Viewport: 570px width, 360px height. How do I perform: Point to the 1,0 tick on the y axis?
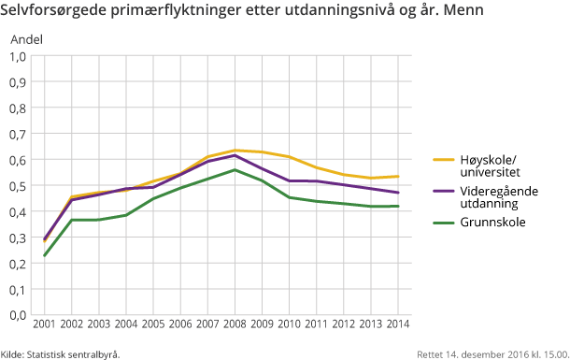(18, 56)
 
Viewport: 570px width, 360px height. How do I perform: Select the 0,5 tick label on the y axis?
(18, 185)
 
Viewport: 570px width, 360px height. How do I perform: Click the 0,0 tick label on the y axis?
(18, 315)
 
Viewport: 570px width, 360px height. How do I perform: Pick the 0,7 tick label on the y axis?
(18, 134)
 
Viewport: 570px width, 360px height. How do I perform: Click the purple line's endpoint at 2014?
(399, 193)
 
